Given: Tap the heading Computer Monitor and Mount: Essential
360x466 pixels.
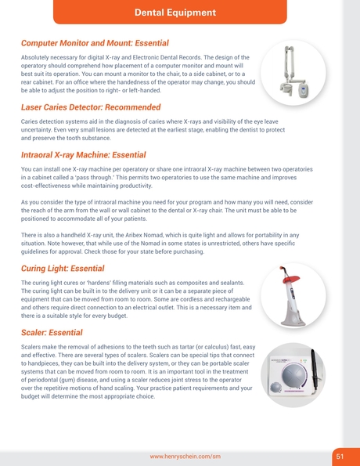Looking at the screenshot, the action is tap(95, 42).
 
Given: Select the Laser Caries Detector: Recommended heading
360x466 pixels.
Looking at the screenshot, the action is tap(91, 107).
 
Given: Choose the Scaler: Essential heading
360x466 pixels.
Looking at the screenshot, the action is tap(52, 332).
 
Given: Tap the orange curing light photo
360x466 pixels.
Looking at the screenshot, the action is tap(292, 294).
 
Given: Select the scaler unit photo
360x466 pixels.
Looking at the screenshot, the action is tap(293, 374).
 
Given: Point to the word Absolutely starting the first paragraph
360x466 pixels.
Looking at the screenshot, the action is tap(38, 58).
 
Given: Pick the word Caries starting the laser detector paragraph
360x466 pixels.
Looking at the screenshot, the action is tap(32, 122).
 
